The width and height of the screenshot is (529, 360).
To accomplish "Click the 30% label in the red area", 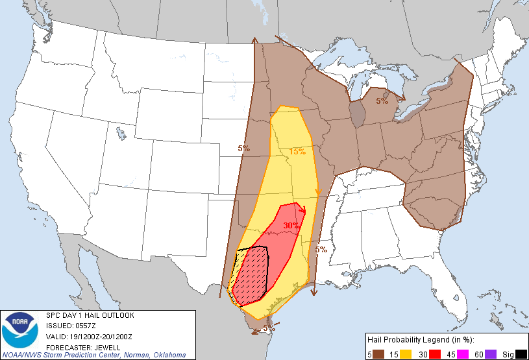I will (291, 225).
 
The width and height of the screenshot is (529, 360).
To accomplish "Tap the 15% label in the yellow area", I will (297, 151).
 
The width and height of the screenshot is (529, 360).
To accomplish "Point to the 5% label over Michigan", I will (382, 101).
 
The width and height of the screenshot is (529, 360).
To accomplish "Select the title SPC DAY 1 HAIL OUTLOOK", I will (90, 315).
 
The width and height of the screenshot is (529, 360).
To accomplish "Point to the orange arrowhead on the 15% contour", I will (318, 191).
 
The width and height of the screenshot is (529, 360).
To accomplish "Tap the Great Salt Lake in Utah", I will (121, 134).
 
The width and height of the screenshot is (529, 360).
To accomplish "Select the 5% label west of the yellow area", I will (243, 149).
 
